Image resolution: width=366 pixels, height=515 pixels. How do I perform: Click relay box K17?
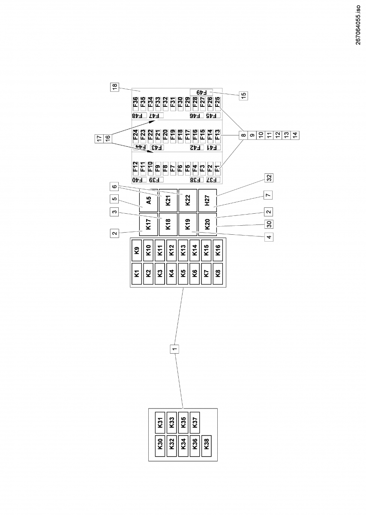click(x=148, y=224)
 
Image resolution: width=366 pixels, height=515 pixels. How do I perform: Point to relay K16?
click(x=218, y=250)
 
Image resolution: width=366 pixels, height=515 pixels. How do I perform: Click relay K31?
click(x=160, y=423)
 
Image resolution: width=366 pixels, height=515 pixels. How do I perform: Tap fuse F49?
click(x=201, y=92)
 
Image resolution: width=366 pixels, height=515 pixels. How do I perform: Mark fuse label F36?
click(x=135, y=103)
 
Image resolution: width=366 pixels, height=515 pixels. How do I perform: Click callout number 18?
click(x=114, y=87)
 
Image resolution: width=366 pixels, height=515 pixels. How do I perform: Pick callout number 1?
click(x=174, y=348)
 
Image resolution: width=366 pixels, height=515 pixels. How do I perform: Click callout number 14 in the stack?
click(x=295, y=135)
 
